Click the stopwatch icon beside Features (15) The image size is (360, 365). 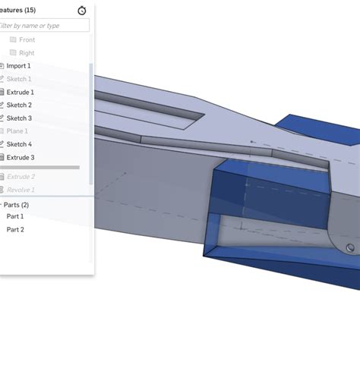tap(82, 11)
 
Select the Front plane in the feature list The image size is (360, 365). tap(27, 39)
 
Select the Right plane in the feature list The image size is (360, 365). tap(27, 53)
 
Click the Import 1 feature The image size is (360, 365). tap(18, 66)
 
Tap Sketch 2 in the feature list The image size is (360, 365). tap(19, 105)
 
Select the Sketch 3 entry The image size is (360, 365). tap(19, 118)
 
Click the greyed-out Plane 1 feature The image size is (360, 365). tap(17, 131)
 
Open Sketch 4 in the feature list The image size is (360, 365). tap(19, 144)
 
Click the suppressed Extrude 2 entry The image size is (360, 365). tap(21, 177)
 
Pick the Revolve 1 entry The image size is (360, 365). tap(21, 190)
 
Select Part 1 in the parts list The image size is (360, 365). tap(15, 216)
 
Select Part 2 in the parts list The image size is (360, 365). tap(15, 229)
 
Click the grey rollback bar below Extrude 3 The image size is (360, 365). tap(42, 167)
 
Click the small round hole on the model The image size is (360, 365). tap(350, 247)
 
